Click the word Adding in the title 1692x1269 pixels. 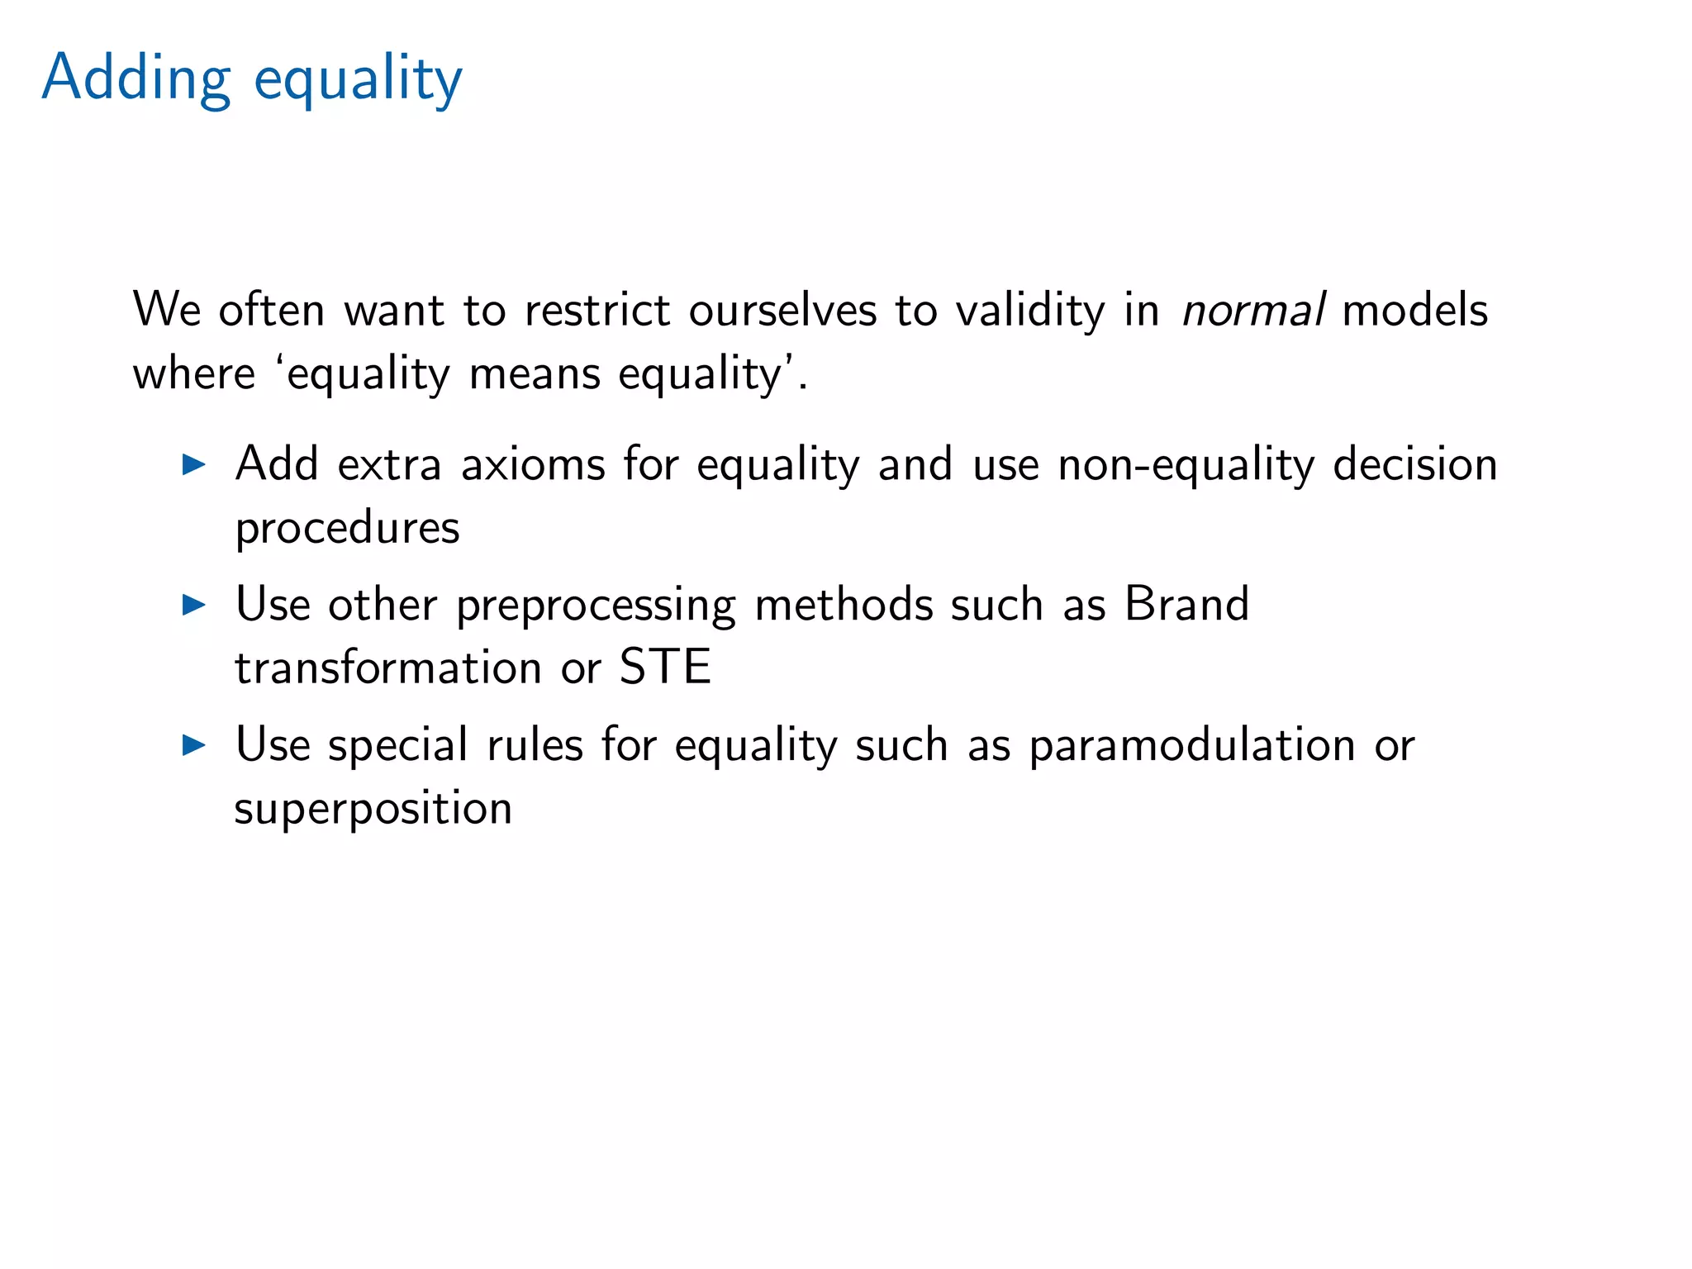point(135,78)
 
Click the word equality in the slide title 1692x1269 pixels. point(358,81)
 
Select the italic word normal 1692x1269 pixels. point(1253,311)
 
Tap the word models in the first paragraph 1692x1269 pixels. point(1415,311)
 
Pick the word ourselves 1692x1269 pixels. point(782,311)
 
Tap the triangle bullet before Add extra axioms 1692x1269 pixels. point(193,464)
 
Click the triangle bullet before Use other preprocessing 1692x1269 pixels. point(193,605)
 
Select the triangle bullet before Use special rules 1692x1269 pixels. point(193,745)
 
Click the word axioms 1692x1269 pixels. point(533,464)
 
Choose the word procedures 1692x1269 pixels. point(347,529)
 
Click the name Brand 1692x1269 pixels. point(1186,604)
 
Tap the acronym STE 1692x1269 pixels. point(665,668)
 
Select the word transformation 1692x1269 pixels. point(388,668)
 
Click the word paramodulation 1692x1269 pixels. point(1192,746)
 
